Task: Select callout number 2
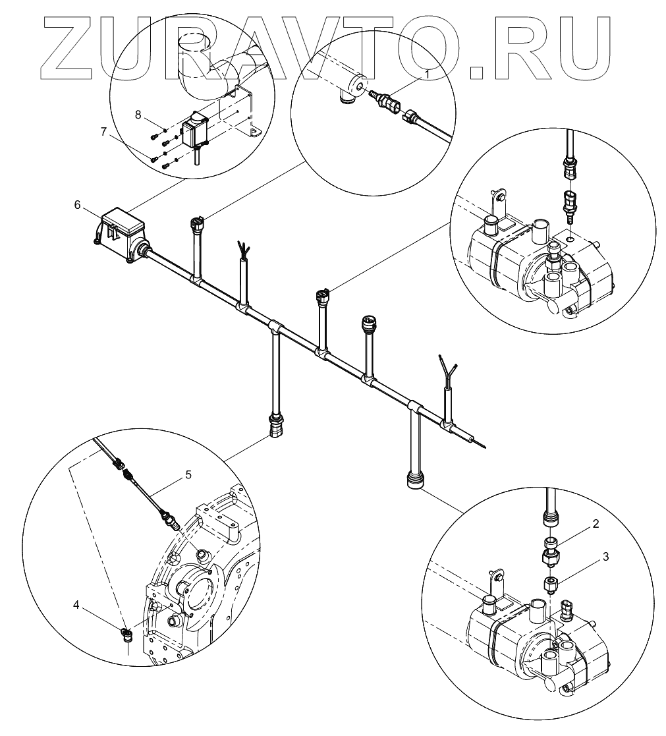click(595, 524)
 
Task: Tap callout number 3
click(605, 556)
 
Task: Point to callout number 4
click(77, 603)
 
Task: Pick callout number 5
click(188, 474)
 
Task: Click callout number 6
click(77, 205)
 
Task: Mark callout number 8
click(138, 114)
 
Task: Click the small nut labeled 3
click(551, 582)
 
